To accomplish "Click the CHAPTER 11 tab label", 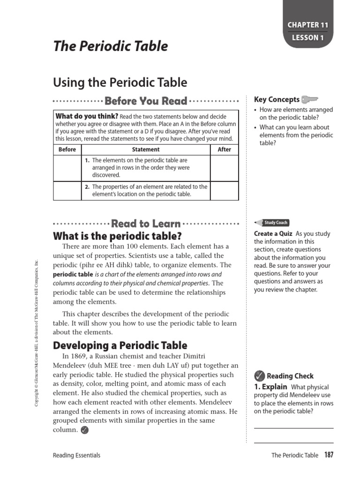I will [x=308, y=25].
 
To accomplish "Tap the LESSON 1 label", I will [x=308, y=38].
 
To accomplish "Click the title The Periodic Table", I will [x=110, y=46].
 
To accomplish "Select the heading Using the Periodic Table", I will [x=120, y=83].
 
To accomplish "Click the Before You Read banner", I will [x=146, y=101].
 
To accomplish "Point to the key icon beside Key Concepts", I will [x=310, y=99].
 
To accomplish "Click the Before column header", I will [x=67, y=150].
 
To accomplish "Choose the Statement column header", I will [x=146, y=150].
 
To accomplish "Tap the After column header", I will [x=225, y=150].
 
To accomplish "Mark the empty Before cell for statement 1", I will [x=67, y=168].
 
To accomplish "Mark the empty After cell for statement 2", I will [x=225, y=190].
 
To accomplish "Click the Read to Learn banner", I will [x=146, y=224].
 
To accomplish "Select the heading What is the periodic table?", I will [x=117, y=236].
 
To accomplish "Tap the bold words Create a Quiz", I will [x=273, y=234].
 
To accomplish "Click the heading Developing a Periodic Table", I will [x=120, y=345].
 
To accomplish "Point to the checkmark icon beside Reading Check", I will [x=259, y=375].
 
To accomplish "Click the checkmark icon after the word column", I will [x=84, y=430].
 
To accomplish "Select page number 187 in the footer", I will [x=328, y=455].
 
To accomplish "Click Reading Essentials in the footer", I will [x=77, y=455].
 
